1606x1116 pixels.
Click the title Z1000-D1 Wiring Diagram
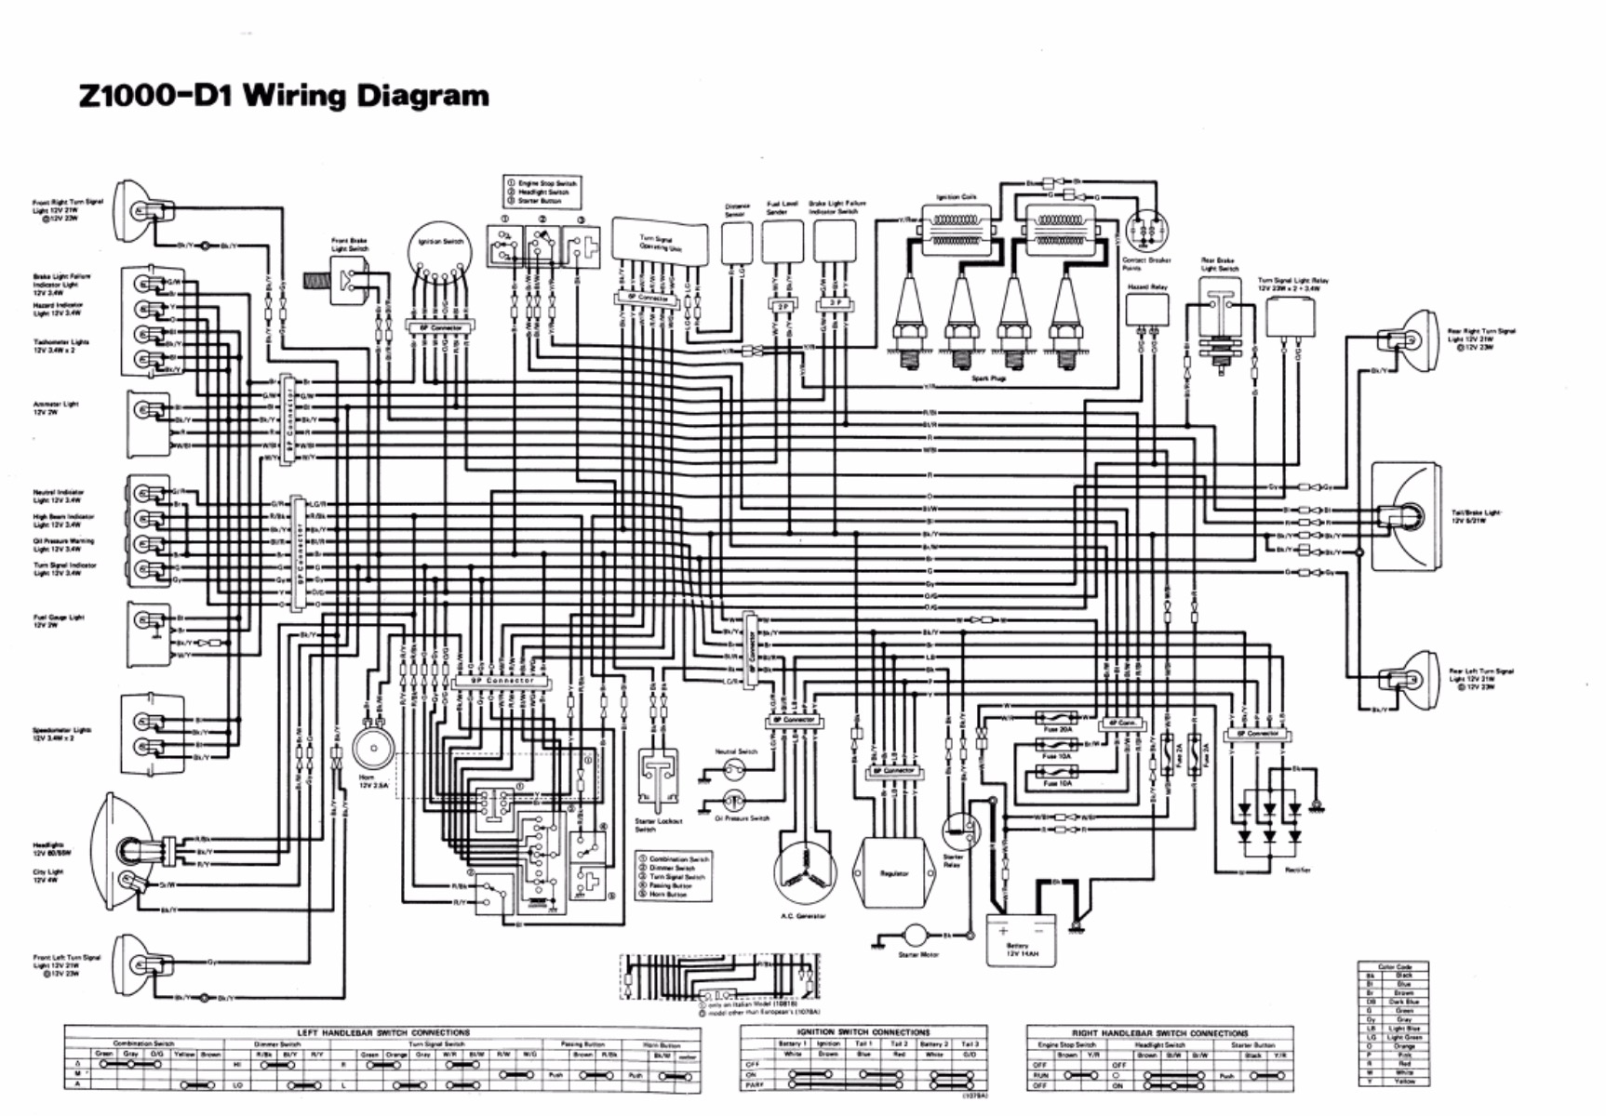tap(284, 96)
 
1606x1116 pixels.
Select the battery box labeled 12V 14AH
tap(1021, 938)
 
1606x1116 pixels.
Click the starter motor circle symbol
tap(916, 935)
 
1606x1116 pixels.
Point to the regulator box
tap(894, 872)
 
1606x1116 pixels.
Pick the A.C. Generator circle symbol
tap(806, 871)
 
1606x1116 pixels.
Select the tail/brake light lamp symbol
tap(1407, 516)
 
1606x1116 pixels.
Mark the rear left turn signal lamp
tap(1406, 678)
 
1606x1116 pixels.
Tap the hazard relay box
tap(1146, 311)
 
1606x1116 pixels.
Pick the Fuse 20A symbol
tap(1056, 718)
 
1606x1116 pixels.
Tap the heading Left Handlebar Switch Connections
tap(382, 1032)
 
